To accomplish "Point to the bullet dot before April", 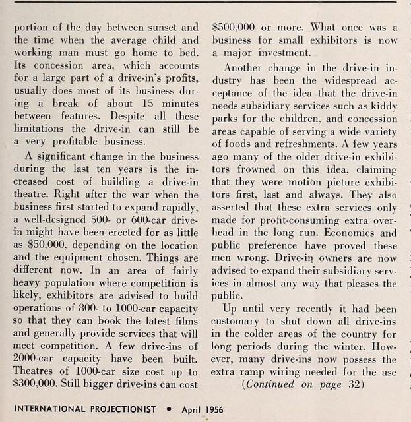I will coord(170,409).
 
